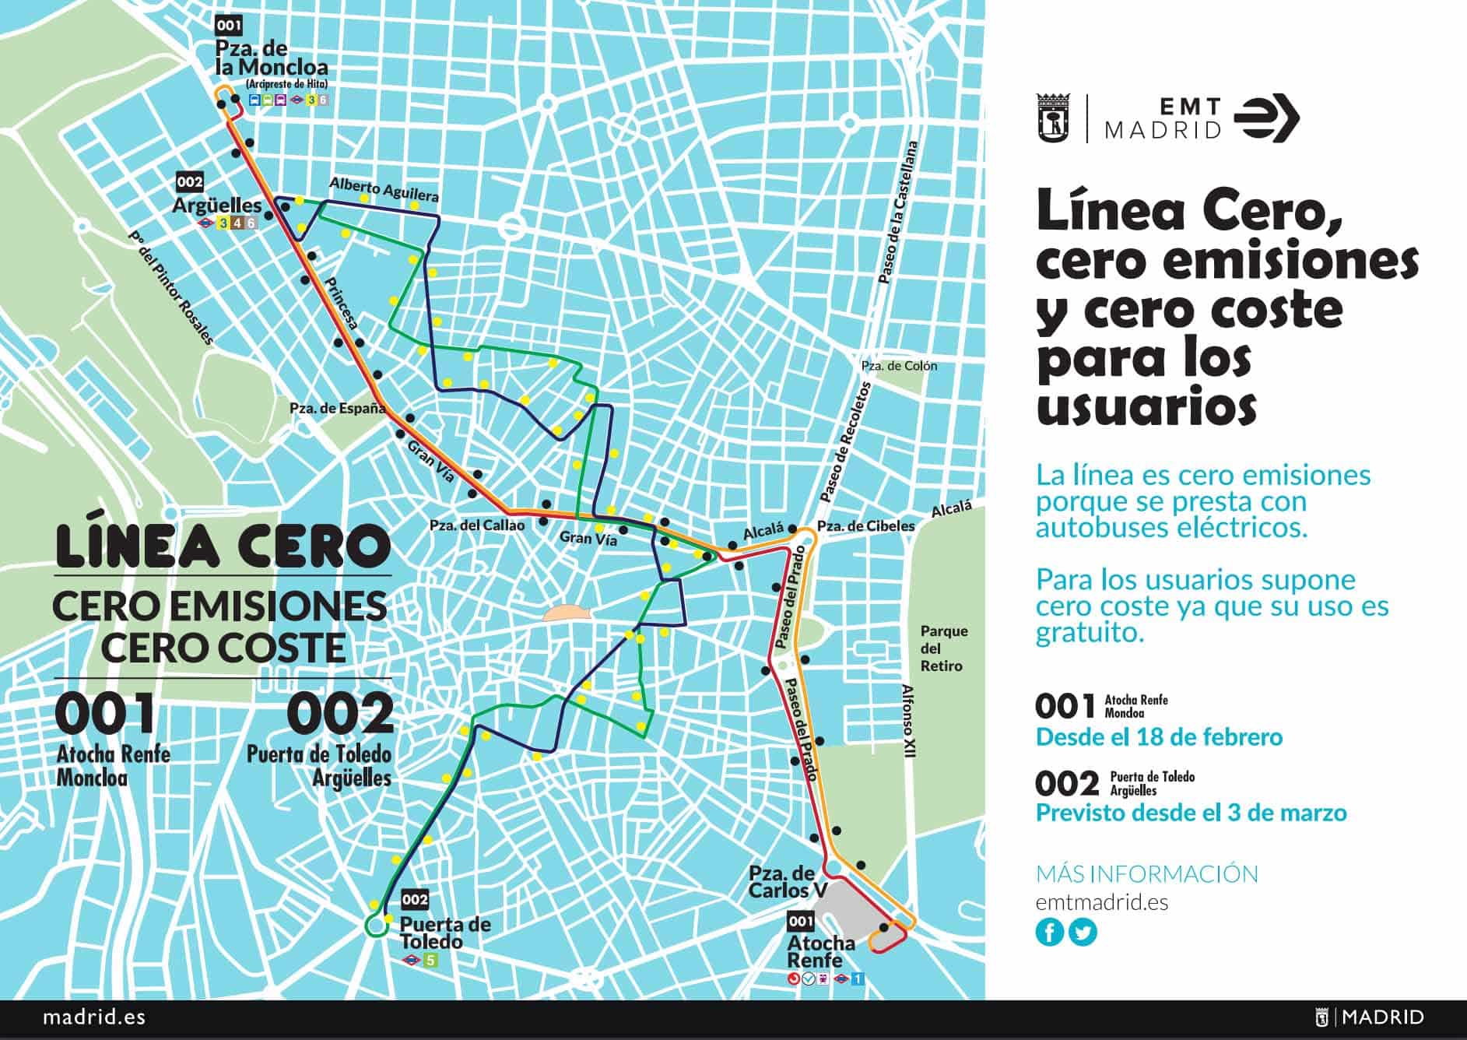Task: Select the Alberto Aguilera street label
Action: point(384,189)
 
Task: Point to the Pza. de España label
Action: point(337,408)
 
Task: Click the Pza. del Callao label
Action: point(476,525)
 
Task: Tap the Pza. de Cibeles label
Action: point(865,525)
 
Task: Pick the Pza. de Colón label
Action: point(899,365)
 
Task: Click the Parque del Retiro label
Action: point(943,648)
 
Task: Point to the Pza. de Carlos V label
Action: point(781,881)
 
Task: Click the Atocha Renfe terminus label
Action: point(820,951)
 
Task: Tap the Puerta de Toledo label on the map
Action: point(444,933)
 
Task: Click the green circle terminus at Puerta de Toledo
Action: point(377,926)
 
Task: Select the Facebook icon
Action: point(1049,932)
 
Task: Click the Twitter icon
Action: point(1083,932)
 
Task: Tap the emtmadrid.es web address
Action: point(1101,902)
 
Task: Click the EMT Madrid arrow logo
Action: point(1266,119)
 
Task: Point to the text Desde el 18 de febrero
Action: point(1159,736)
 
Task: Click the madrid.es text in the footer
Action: point(93,1017)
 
